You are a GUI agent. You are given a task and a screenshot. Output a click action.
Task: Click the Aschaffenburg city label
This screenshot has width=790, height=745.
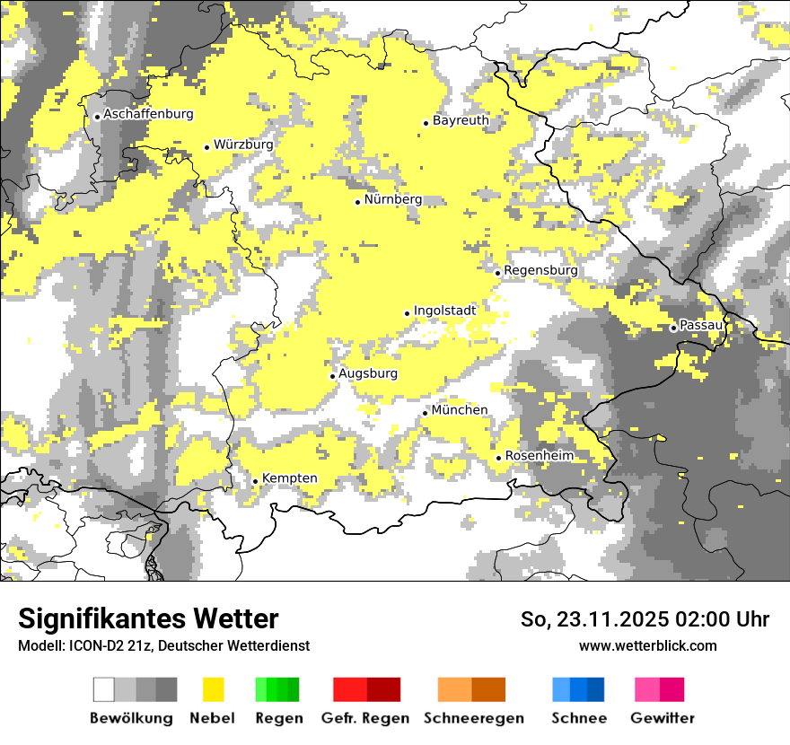coord(148,115)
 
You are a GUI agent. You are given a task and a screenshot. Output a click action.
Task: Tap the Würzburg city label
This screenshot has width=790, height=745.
coord(243,145)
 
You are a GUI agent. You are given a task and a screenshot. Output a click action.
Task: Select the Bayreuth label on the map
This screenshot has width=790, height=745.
coord(461,120)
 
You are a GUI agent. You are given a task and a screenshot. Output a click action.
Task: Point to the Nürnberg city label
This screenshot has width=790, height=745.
coord(392,200)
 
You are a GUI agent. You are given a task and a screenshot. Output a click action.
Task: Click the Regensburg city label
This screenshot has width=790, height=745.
coord(541,270)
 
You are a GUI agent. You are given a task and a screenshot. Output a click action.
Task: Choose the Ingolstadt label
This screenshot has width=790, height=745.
coord(444,311)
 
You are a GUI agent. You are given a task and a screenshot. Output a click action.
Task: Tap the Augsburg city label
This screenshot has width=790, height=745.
coord(368,374)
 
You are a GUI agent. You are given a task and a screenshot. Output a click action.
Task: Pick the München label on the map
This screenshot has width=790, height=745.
coord(460,410)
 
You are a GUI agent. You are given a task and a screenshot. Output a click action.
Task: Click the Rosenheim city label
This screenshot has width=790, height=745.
coord(540,456)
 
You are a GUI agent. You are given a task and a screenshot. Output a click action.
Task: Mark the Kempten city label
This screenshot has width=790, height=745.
coord(290,478)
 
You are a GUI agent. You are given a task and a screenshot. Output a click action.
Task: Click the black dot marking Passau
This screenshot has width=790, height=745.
coord(673,328)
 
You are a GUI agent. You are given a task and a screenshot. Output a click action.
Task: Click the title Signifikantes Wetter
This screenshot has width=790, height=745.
coord(148,619)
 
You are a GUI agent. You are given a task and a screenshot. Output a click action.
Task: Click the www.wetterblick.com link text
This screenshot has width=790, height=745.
coord(647,645)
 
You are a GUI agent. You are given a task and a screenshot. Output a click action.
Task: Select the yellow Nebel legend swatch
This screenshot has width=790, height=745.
coord(213,689)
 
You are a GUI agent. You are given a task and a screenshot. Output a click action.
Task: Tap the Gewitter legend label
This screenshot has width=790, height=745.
coord(663,718)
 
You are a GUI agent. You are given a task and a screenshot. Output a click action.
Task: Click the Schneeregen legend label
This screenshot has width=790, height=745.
coord(474,718)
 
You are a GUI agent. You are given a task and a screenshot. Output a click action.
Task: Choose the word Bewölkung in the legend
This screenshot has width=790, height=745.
coord(131,718)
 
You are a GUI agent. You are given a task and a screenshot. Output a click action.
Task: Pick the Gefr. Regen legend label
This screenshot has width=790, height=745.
coord(365,718)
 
